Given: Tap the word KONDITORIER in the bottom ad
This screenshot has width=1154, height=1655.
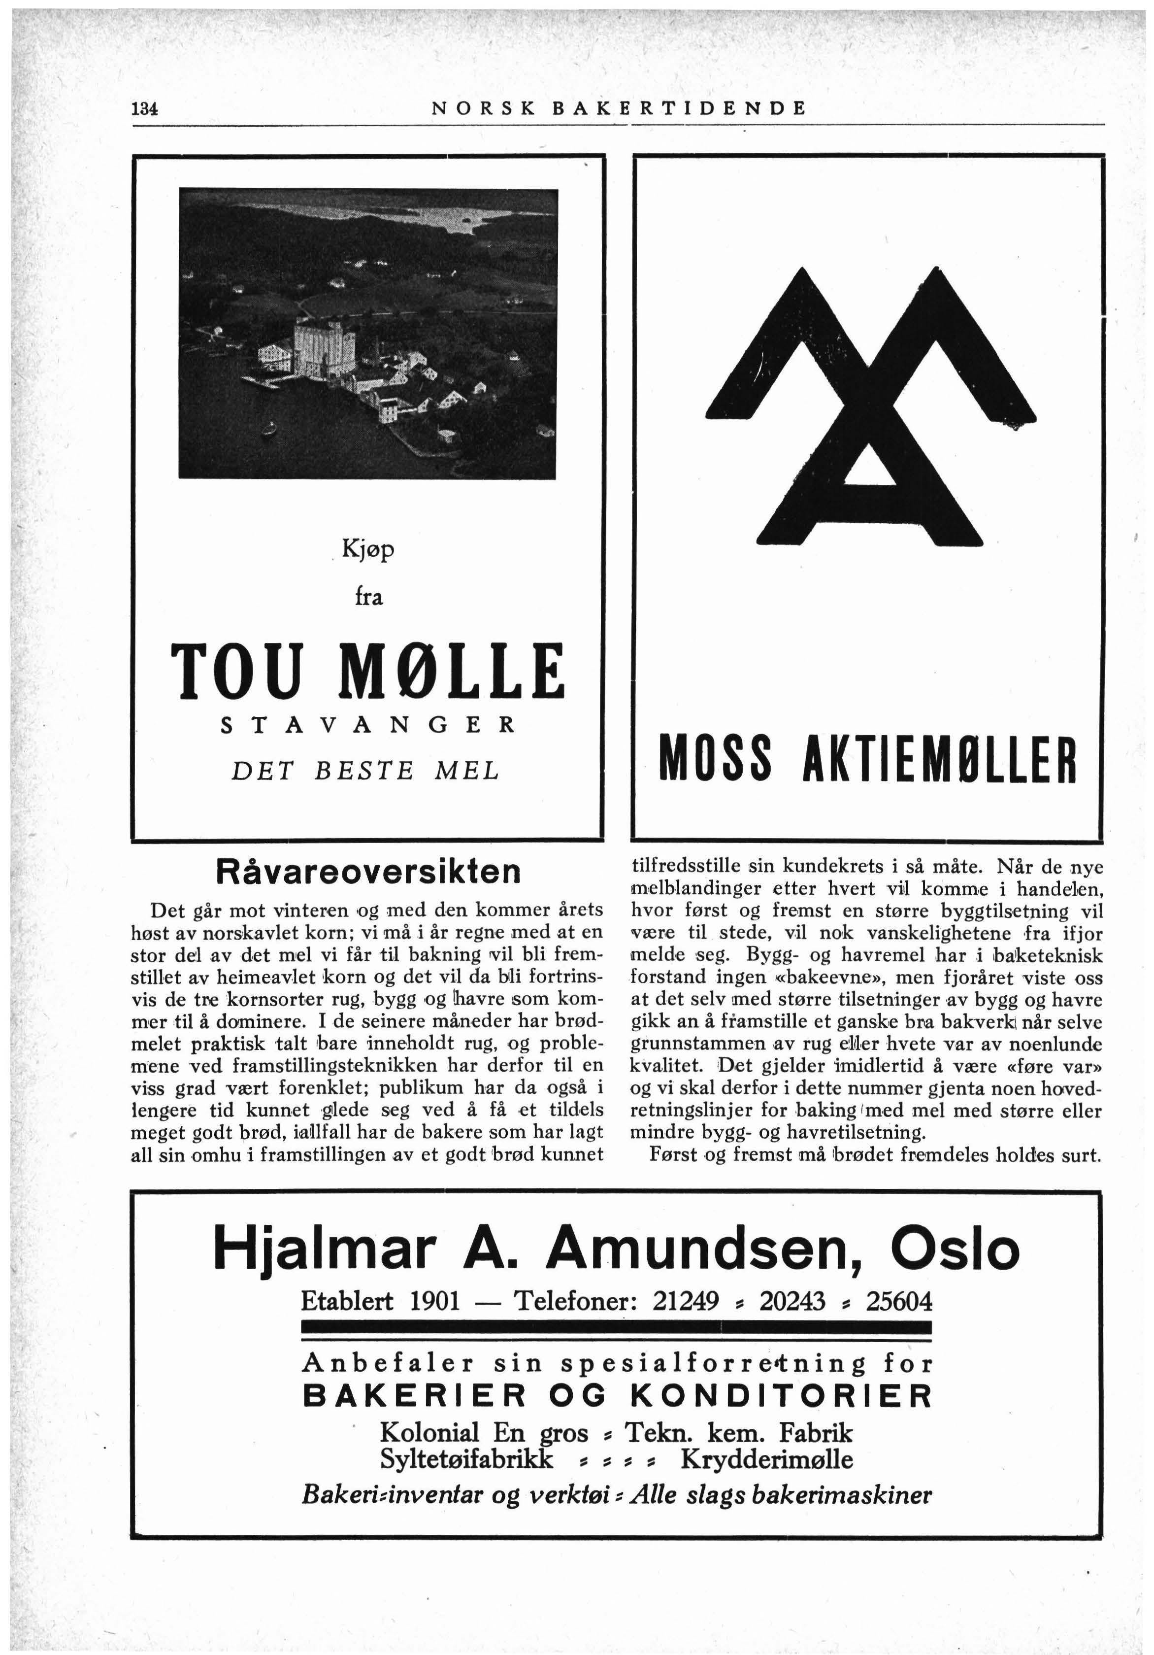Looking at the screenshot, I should (782, 1396).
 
